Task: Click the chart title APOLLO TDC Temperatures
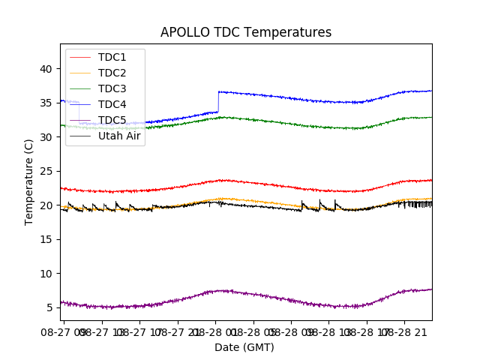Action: [x=245, y=32]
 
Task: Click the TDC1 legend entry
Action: [x=112, y=57]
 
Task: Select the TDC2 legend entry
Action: [x=112, y=73]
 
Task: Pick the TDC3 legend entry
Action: [x=112, y=88]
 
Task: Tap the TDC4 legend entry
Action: [x=112, y=104]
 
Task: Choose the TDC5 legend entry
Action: [x=112, y=120]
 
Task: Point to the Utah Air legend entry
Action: [x=118, y=136]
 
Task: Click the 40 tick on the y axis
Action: [x=46, y=69]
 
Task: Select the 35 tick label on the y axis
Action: [x=46, y=103]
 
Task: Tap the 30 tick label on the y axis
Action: [x=46, y=137]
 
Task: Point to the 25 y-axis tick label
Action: [x=46, y=171]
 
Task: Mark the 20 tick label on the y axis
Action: [x=46, y=205]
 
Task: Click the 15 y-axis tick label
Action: [x=46, y=239]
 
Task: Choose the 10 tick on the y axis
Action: [x=46, y=274]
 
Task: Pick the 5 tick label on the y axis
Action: [x=49, y=307]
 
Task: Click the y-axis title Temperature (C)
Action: [x=29, y=181]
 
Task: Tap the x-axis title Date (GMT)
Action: [x=244, y=347]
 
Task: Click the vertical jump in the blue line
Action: [x=217, y=101]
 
